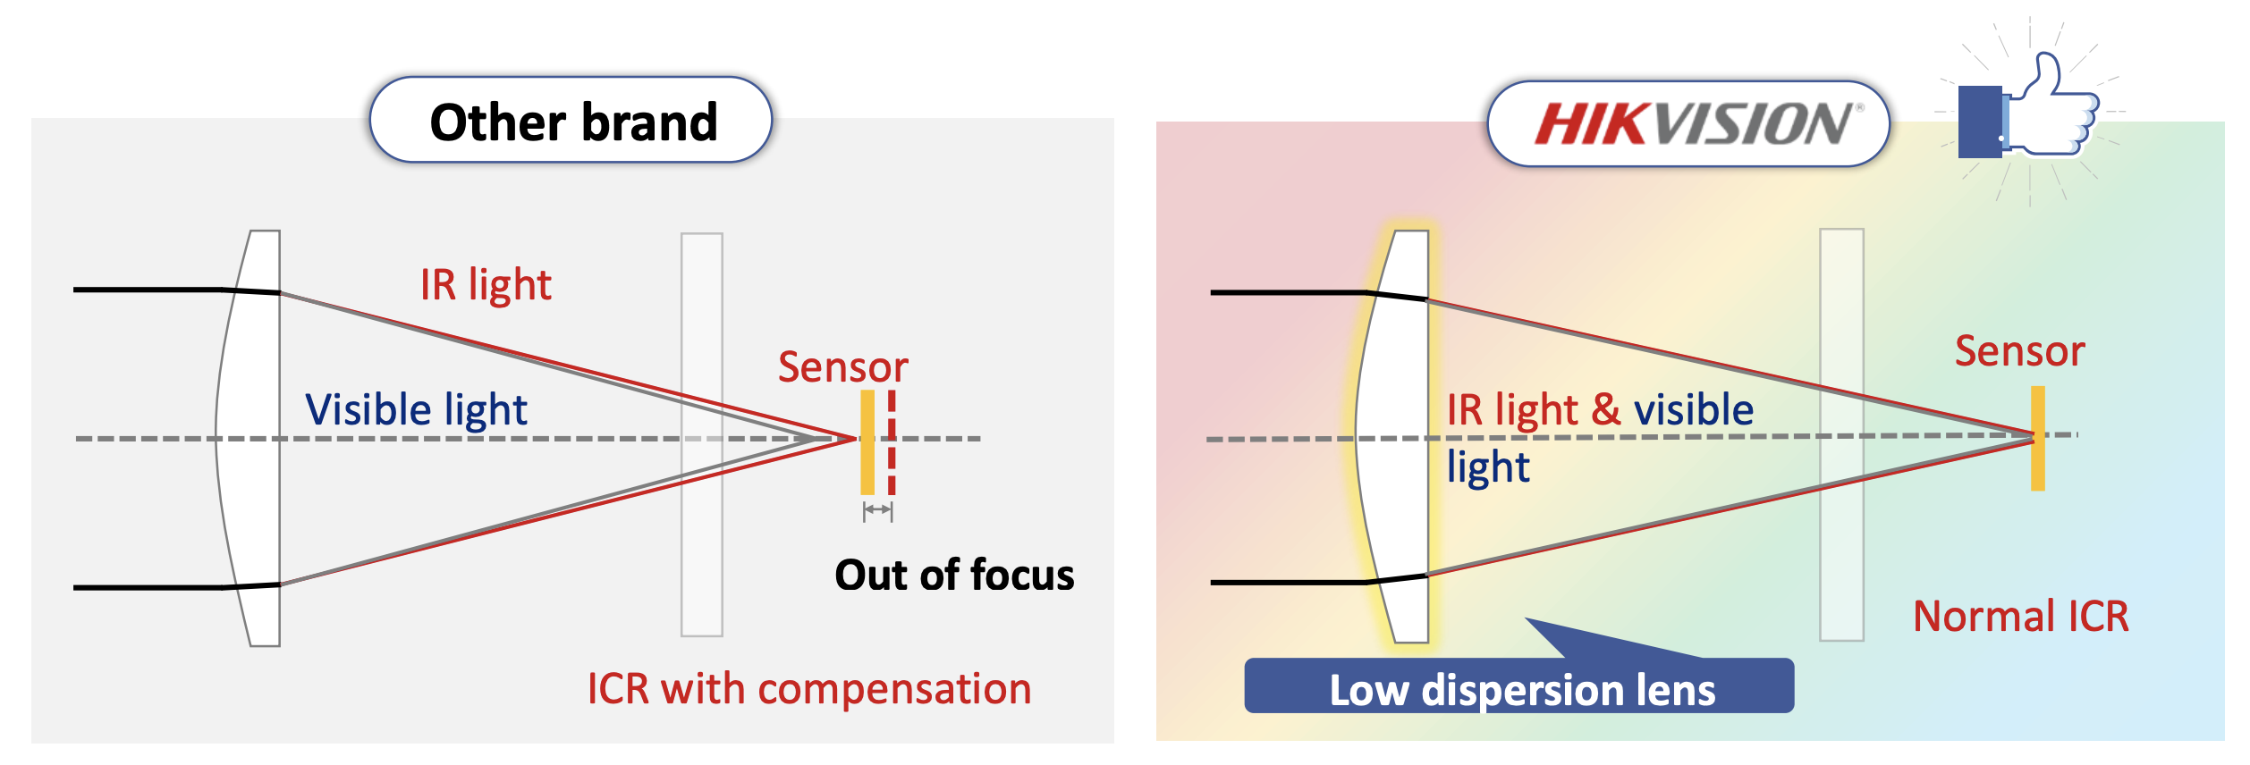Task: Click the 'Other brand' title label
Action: tap(572, 122)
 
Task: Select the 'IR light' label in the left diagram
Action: tap(486, 285)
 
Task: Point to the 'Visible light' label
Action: tap(416, 410)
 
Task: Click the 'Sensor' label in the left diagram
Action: tap(842, 367)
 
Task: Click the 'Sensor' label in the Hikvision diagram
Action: tap(2019, 351)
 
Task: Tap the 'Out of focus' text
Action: tap(954, 575)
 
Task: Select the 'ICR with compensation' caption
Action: tap(808, 689)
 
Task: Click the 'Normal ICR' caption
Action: tap(2020, 617)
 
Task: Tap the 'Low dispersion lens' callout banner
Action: tap(1519, 688)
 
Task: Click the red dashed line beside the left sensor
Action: tap(892, 442)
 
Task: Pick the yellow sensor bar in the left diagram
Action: tap(867, 442)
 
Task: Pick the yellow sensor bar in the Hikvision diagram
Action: tap(2038, 438)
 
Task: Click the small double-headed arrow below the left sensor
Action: tap(877, 510)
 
